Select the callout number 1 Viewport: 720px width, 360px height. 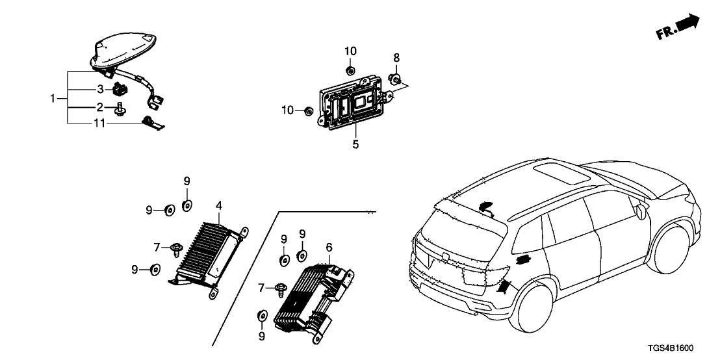[x=53, y=99]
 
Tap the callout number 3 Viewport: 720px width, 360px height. [x=101, y=88]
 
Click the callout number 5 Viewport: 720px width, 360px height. [x=355, y=144]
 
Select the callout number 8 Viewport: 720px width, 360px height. [x=396, y=58]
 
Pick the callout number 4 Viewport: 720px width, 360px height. [x=219, y=205]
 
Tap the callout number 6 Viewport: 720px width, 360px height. [x=329, y=247]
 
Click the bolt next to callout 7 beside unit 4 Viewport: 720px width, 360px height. [x=176, y=248]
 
